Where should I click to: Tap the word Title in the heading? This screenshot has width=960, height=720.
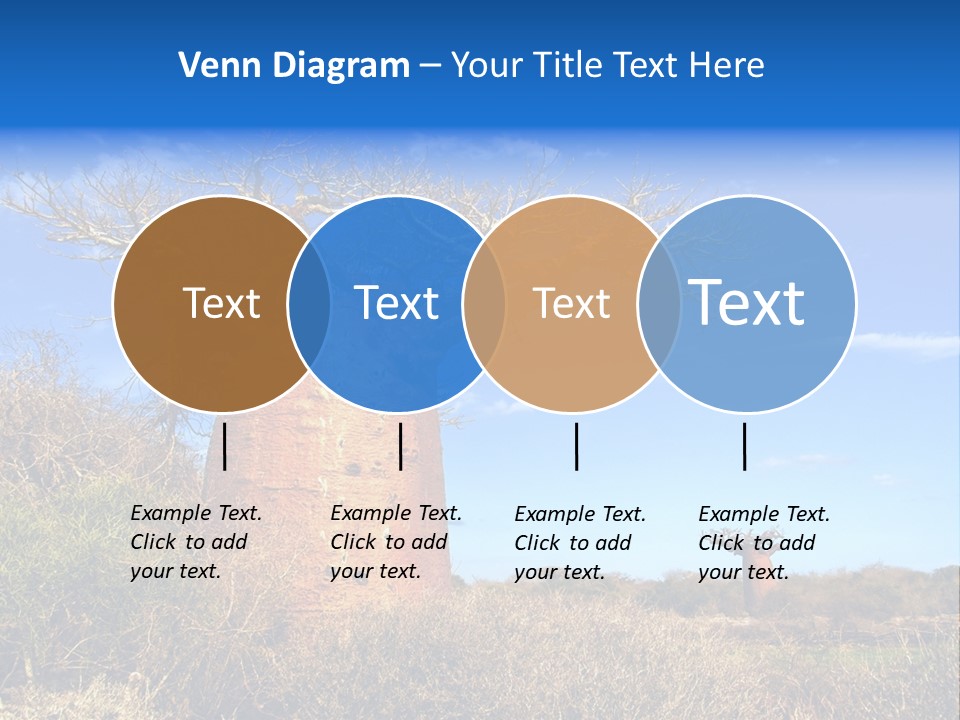567,66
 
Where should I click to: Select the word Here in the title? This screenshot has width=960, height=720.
727,66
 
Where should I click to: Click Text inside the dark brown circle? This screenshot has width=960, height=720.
221,303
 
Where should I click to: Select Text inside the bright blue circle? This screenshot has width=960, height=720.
397,303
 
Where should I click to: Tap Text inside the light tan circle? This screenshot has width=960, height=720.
571,303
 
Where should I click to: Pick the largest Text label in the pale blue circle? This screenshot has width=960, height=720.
747,302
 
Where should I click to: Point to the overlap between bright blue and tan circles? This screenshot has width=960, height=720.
484,304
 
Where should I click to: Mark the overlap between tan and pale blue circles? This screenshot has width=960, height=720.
659,304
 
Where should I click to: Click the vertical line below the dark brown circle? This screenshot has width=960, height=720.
225,446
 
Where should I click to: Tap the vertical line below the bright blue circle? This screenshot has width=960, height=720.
400,446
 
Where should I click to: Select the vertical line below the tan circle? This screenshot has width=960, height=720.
577,446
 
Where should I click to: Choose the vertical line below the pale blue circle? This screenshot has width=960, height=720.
745,446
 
